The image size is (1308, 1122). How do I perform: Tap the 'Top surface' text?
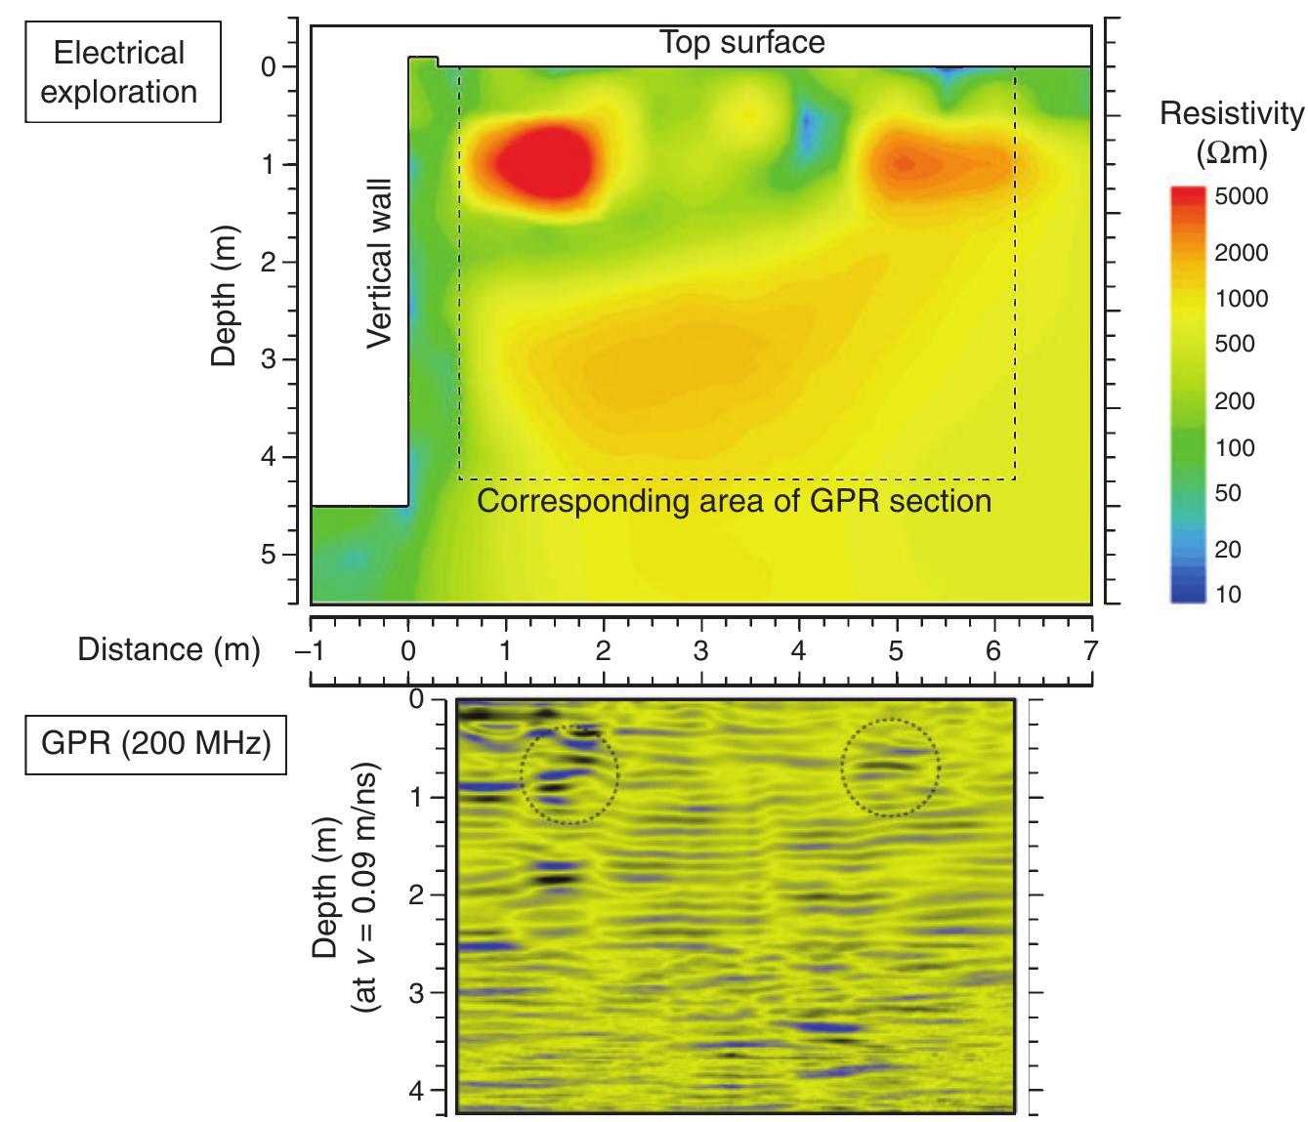pos(741,43)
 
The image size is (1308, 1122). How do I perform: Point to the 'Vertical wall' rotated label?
pos(378,263)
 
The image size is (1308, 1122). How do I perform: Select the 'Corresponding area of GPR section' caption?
pos(734,501)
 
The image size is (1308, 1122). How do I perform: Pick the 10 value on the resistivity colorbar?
pos(1228,595)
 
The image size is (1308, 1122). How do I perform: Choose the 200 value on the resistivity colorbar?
pos(1234,401)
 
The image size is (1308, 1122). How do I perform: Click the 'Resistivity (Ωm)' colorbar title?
pos(1231,132)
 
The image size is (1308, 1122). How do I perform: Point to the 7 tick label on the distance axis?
pos(1091,650)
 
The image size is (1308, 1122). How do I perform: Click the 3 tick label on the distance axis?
pos(700,650)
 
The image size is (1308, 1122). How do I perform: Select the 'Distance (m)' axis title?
pos(168,649)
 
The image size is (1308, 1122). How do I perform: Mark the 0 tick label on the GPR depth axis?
pos(416,700)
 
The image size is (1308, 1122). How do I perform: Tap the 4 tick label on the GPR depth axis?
pos(416,1090)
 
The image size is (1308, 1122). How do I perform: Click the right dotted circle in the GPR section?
pos(889,767)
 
